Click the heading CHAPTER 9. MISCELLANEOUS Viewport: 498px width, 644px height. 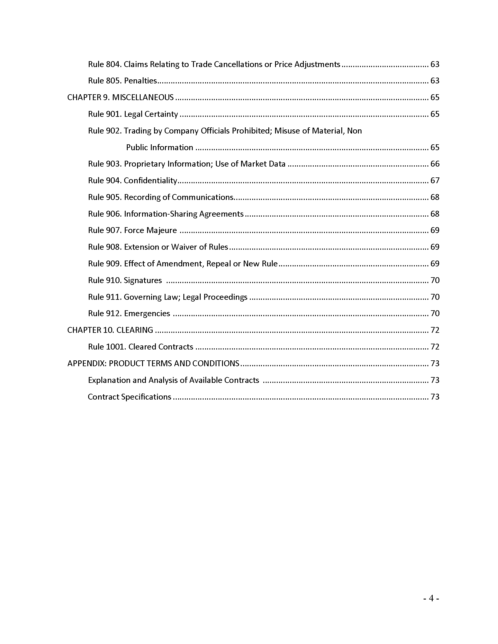tap(120, 97)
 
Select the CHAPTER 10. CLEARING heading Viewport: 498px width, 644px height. tap(110, 330)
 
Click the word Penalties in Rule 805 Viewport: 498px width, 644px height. tap(140, 81)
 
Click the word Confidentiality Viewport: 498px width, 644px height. tap(151, 180)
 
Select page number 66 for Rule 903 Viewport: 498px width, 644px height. tap(435, 164)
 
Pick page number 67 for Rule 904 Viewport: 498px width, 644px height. tap(435, 180)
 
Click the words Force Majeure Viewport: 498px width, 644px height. tap(151, 230)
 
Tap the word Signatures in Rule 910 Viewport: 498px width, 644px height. tap(143, 280)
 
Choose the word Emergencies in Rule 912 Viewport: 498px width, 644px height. tap(147, 314)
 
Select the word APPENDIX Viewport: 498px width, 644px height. tap(86, 363)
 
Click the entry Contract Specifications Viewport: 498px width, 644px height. tap(129, 397)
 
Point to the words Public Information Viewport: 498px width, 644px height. tap(160, 148)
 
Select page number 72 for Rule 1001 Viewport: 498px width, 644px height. tap(435, 347)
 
